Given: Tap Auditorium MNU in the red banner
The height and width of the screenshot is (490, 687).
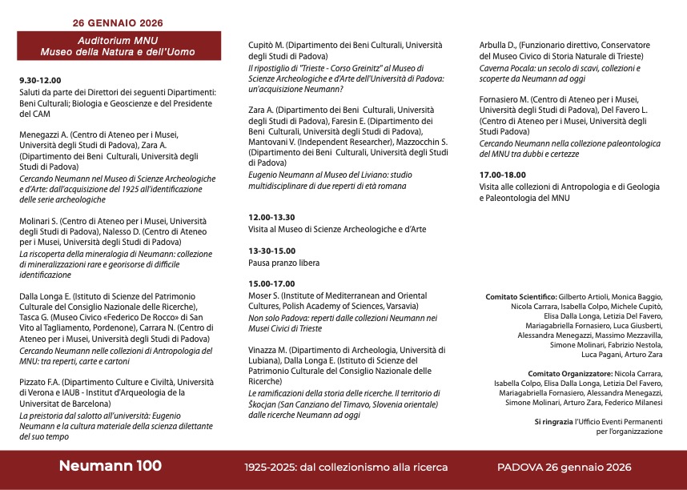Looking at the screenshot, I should [118, 40].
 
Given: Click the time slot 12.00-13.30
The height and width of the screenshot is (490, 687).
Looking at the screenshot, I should [271, 217].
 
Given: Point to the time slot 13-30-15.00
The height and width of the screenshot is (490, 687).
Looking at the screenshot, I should [271, 251].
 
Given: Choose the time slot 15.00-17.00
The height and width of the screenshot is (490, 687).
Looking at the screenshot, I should [271, 283].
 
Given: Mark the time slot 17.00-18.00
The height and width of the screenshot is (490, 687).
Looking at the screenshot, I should [502, 175].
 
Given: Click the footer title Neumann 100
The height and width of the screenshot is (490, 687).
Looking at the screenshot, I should [110, 466].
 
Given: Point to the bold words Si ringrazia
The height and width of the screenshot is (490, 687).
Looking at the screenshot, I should [553, 421].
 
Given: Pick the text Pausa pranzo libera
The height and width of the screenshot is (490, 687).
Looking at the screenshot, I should [284, 262].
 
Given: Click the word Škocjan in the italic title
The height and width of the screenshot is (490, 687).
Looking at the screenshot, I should [264, 404].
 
